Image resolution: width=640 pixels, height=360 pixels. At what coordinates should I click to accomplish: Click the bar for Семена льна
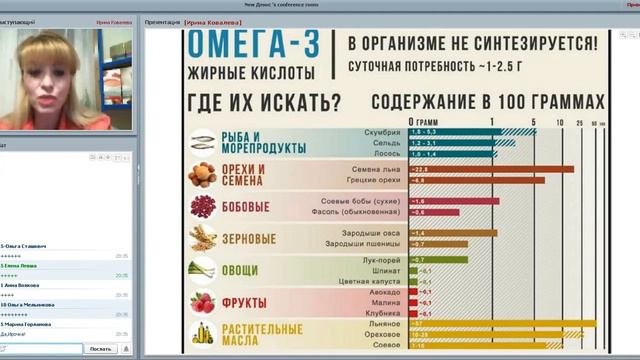(490, 169)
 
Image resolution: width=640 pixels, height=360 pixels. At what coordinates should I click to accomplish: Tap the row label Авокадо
(385, 292)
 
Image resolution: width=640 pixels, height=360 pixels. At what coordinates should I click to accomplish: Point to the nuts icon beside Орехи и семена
(202, 175)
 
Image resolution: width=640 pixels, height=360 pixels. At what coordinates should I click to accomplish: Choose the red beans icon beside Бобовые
(202, 207)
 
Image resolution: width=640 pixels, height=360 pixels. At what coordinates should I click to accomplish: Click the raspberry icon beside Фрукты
(202, 302)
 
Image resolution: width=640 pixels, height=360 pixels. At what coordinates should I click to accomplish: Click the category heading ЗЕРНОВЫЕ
(248, 239)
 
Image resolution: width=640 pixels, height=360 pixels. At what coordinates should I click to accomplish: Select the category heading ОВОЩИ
(242, 271)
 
